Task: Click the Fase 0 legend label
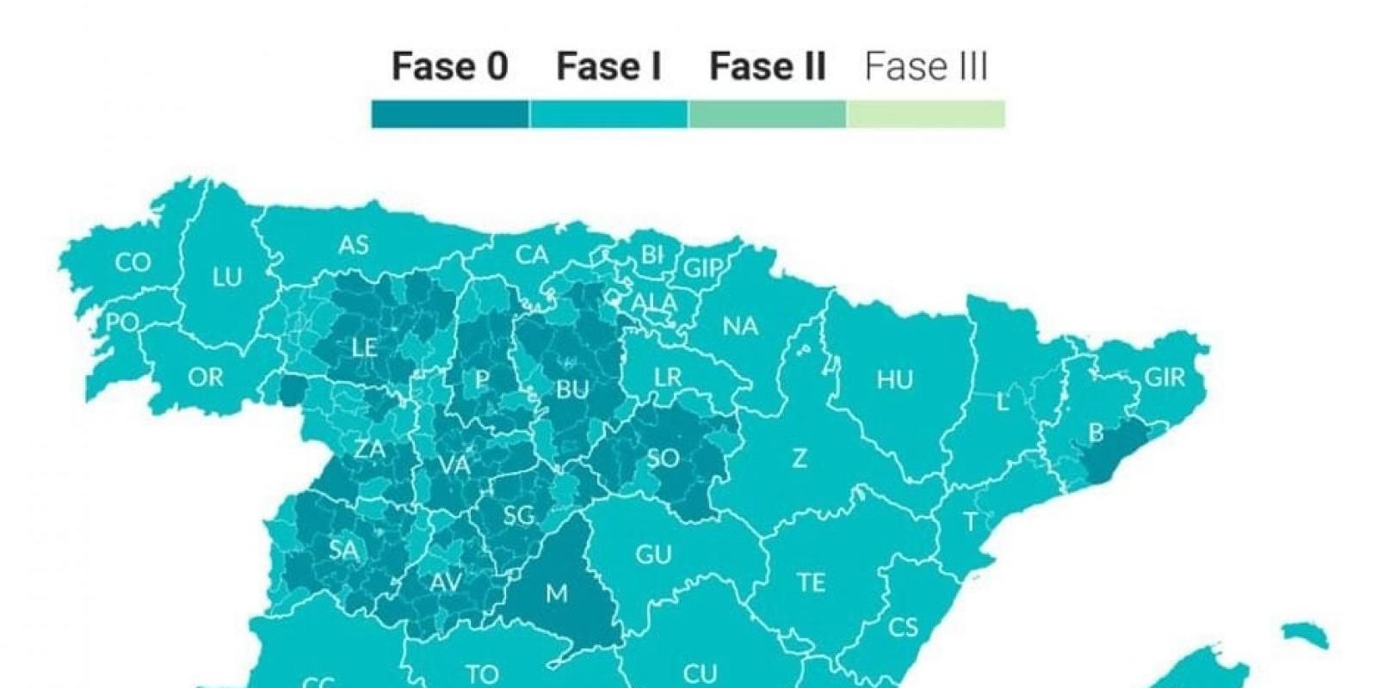[x=449, y=66]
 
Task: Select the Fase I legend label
[x=608, y=66]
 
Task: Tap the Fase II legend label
[x=767, y=66]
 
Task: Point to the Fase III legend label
[x=926, y=66]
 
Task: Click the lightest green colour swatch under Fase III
[x=926, y=114]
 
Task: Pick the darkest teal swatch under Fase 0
[x=449, y=114]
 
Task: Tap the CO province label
[x=133, y=262]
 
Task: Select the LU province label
[x=227, y=277]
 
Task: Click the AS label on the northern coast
[x=353, y=245]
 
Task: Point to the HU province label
[x=895, y=379]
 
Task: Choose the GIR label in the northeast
[x=1164, y=377]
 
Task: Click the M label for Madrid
[x=557, y=593]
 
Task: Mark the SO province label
[x=663, y=458]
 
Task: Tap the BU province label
[x=572, y=390]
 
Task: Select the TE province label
[x=811, y=583]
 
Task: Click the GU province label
[x=653, y=555]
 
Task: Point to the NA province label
[x=740, y=326]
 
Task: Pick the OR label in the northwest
[x=205, y=377]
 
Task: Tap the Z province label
[x=800, y=458]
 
